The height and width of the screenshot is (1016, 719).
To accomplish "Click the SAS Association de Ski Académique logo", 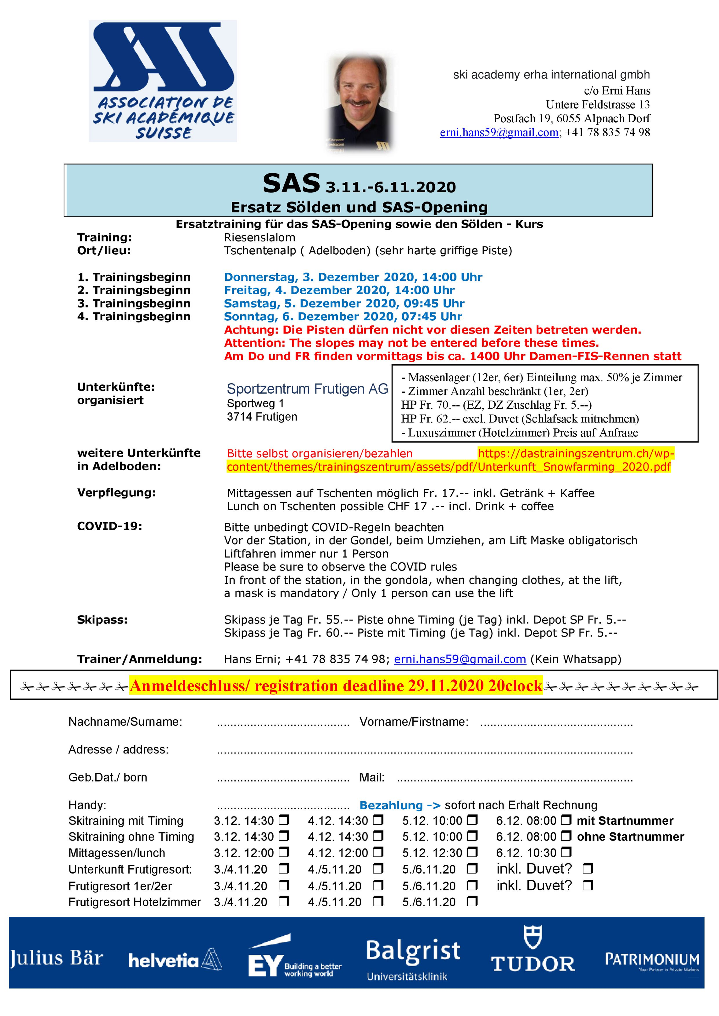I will [163, 81].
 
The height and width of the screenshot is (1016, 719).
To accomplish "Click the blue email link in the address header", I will [499, 132].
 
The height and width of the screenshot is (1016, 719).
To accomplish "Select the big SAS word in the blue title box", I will [291, 183].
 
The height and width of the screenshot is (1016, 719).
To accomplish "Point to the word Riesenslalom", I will [259, 238].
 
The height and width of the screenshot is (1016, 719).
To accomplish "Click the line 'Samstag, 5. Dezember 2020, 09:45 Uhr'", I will [344, 304].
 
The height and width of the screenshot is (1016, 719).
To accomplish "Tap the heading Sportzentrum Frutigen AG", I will [307, 389].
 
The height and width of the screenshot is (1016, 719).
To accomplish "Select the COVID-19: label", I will [109, 526].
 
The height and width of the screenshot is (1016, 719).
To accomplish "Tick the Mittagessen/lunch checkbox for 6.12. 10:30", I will [566, 852].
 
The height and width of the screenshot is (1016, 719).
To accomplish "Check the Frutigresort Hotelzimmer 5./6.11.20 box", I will [472, 901].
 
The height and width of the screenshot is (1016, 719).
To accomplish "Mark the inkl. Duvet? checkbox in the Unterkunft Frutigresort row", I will [588, 869].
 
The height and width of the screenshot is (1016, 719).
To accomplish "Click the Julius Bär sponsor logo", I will [56, 958].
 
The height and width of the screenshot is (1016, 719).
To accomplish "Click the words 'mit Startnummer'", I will [625, 821].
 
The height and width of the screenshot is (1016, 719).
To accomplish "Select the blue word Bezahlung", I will [391, 805].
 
